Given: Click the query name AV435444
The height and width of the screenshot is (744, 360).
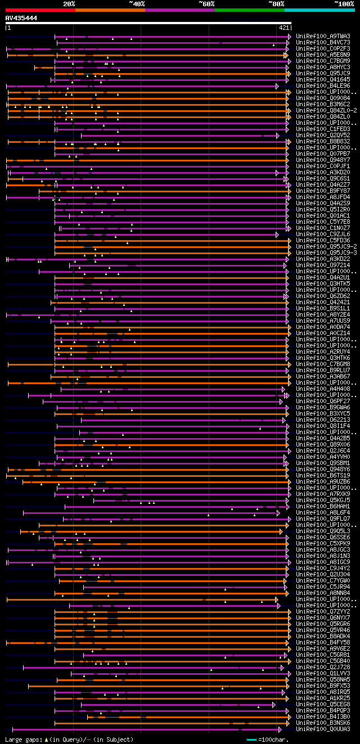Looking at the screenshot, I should coord(21,18).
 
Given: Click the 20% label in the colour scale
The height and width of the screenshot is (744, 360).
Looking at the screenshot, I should coord(69,3).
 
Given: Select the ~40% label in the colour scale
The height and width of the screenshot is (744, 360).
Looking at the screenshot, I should coord(137,3).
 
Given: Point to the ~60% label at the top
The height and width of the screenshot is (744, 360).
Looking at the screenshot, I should coord(206,3).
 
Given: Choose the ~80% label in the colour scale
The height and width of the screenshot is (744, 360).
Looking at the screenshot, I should coord(276,3).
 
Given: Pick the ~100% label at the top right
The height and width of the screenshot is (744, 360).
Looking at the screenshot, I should coord(344,3).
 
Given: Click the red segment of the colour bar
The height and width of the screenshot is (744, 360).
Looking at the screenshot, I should coord(40,10).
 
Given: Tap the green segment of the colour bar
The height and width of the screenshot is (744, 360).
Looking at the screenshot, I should coord(249,10).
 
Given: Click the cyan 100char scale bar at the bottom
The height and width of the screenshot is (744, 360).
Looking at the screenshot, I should coord(251,740).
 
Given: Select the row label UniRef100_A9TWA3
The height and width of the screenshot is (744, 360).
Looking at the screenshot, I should coord(323,36).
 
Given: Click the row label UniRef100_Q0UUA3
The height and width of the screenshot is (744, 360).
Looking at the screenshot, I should coord(323,729).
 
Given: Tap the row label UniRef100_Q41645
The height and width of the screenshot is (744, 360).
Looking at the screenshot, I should coord(323,79).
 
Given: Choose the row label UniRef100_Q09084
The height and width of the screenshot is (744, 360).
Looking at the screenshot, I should coord(323,98).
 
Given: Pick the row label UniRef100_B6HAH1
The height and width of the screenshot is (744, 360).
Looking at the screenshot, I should coord(323,506).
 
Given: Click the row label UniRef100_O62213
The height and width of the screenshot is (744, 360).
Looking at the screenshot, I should coord(323,420).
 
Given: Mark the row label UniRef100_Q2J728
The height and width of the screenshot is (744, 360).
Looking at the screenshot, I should coord(323,667).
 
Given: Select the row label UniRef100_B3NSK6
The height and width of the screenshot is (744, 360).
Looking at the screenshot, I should coord(323,723).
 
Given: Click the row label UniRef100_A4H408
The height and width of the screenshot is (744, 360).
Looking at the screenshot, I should coord(323,389).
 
